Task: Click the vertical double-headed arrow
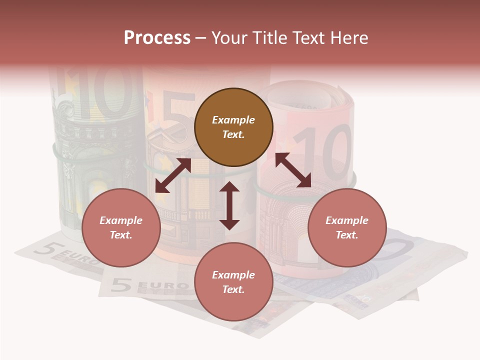click(229, 205)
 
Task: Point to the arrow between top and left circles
click(173, 175)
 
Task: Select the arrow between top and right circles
click(293, 170)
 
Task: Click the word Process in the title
click(157, 38)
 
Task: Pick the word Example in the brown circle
click(233, 120)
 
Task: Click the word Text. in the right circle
click(346, 235)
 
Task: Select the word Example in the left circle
click(121, 220)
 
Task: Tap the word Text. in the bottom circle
click(233, 289)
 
